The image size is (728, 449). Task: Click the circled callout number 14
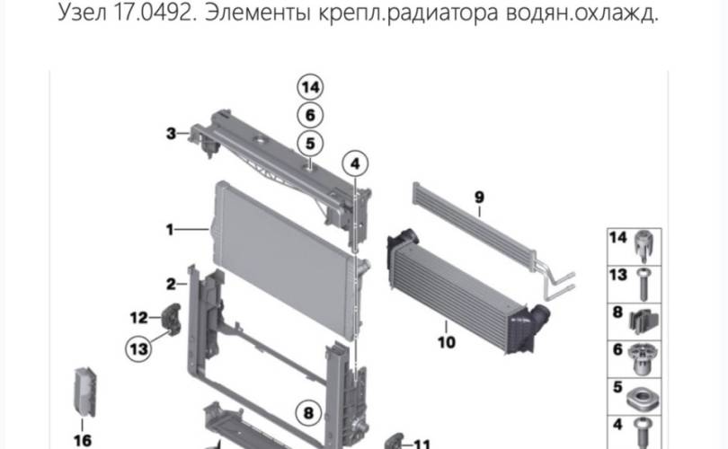[310, 87]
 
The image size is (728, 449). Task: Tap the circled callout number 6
[310, 115]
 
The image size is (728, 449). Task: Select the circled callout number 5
[310, 144]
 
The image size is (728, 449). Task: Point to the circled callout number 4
[355, 163]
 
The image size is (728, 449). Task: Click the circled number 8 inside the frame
[309, 413]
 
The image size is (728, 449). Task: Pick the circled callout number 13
[138, 348]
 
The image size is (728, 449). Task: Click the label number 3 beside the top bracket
[171, 134]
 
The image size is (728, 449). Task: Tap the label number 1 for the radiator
[170, 229]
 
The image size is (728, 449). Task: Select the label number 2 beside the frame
[171, 284]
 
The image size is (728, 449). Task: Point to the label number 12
[138, 318]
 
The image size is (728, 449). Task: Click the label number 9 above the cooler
[479, 198]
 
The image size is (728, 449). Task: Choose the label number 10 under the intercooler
[447, 342]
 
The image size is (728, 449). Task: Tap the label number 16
[83, 440]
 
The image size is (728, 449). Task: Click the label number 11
[422, 445]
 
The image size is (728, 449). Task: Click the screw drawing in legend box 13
[643, 284]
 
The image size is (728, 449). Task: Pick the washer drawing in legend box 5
[642, 401]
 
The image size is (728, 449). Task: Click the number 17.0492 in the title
[153, 13]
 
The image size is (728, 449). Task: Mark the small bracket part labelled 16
[85, 392]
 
